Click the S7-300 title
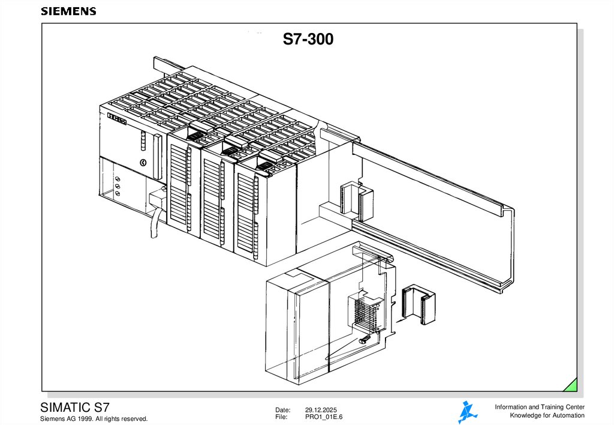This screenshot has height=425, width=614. [308, 39]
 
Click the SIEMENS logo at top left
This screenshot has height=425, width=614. [68, 11]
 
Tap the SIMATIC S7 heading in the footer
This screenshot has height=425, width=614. [75, 408]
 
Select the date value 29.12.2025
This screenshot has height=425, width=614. [321, 410]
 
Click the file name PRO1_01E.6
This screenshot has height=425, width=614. [323, 417]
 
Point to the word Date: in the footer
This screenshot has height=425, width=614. [283, 410]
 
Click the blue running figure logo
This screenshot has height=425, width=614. [467, 412]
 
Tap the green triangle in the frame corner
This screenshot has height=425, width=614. [571, 386]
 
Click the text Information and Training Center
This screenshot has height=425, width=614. [540, 407]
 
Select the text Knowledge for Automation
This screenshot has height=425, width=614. [547, 415]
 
